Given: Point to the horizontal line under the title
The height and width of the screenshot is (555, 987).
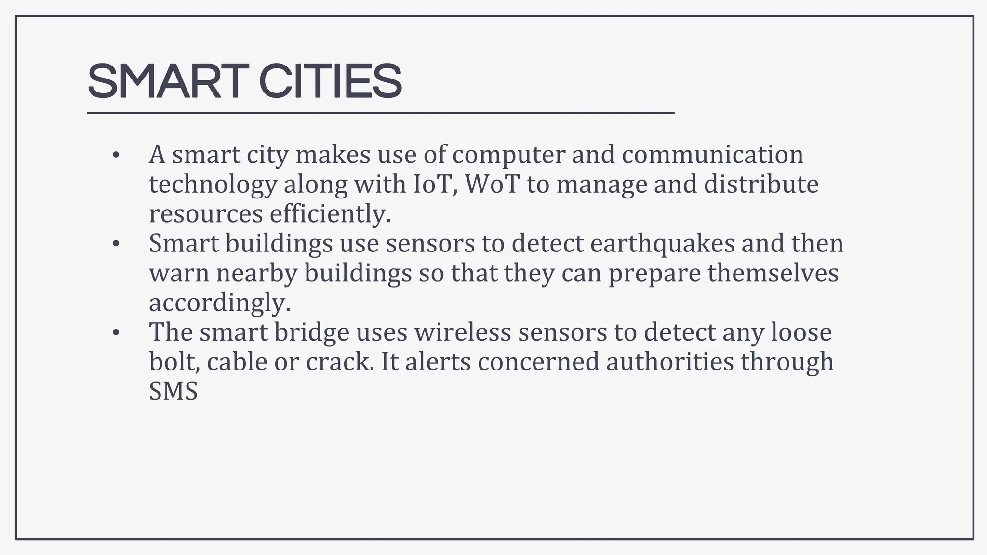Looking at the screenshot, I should pos(381,113).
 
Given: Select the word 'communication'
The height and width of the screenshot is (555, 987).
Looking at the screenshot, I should pos(712,155).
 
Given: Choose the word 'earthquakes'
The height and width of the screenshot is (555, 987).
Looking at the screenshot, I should pos(662,243).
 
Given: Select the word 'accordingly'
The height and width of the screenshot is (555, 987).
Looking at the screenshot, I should pos(219,303).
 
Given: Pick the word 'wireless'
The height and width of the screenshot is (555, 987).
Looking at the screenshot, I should pos(463,332).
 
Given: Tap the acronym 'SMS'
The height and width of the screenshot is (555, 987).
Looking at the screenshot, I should pos(173,391).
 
